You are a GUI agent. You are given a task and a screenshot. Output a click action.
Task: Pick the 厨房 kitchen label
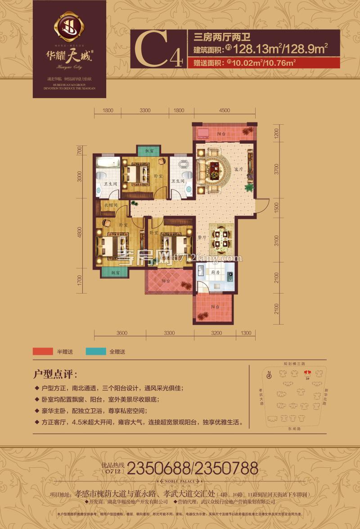[214, 272]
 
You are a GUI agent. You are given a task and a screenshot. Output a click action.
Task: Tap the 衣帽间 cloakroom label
[111, 205]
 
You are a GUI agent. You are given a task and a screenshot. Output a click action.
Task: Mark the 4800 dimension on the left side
[80, 233]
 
